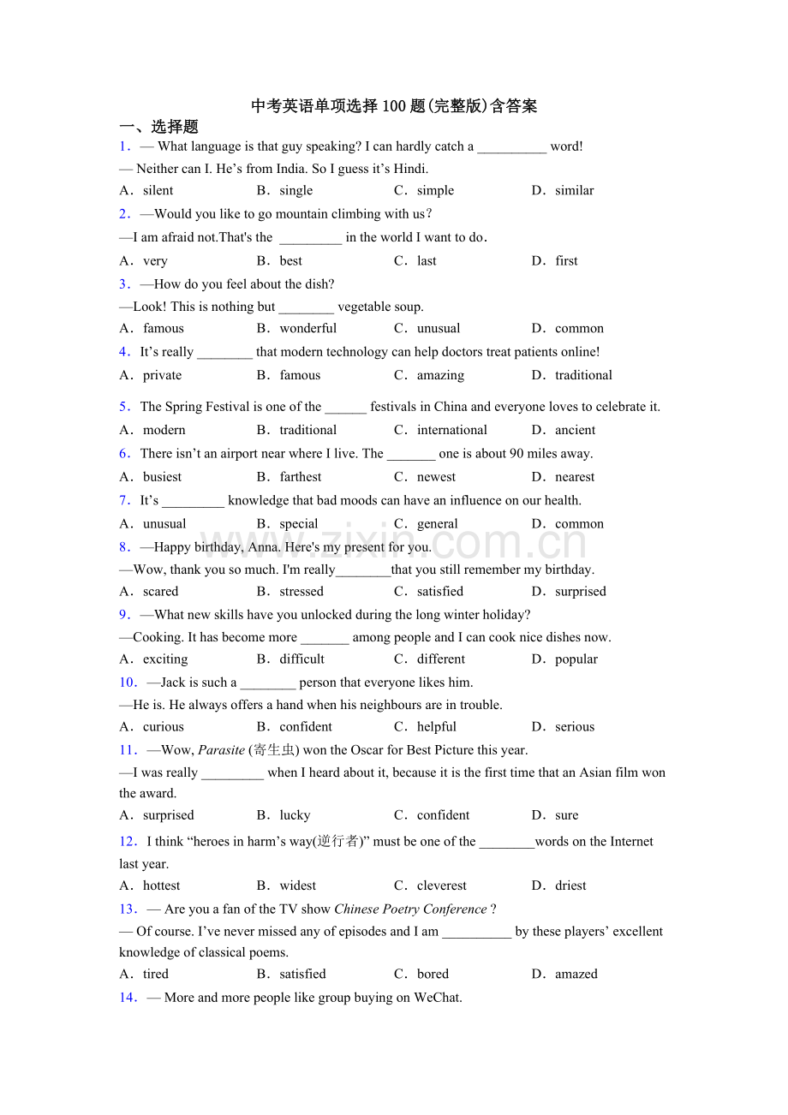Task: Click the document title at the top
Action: click(394, 106)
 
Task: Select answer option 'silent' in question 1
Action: click(158, 190)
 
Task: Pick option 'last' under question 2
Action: click(427, 260)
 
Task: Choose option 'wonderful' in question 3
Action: click(307, 328)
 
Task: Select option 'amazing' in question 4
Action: click(440, 375)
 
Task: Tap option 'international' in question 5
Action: click(451, 430)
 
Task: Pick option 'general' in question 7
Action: click(437, 523)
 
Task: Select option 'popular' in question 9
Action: click(576, 659)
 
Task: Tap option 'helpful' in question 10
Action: click(436, 726)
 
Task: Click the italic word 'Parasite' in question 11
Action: click(221, 750)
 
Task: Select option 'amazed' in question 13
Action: click(576, 974)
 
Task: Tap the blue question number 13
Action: click(128, 909)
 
